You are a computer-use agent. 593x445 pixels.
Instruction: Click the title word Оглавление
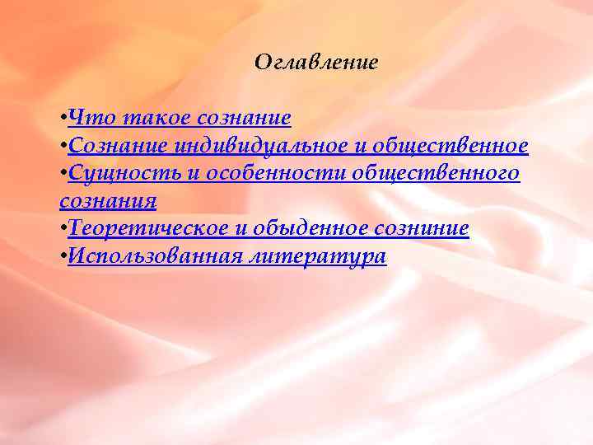pos(316,63)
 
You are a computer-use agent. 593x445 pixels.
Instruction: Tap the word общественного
pos(437,174)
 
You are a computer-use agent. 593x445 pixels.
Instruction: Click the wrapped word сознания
pos(108,201)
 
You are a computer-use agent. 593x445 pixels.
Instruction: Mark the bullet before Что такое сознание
pos(63,119)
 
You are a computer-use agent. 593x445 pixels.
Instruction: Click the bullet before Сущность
pos(63,175)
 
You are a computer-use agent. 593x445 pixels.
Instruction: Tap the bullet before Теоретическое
pos(63,230)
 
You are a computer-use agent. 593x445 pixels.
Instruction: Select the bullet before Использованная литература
pos(63,257)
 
